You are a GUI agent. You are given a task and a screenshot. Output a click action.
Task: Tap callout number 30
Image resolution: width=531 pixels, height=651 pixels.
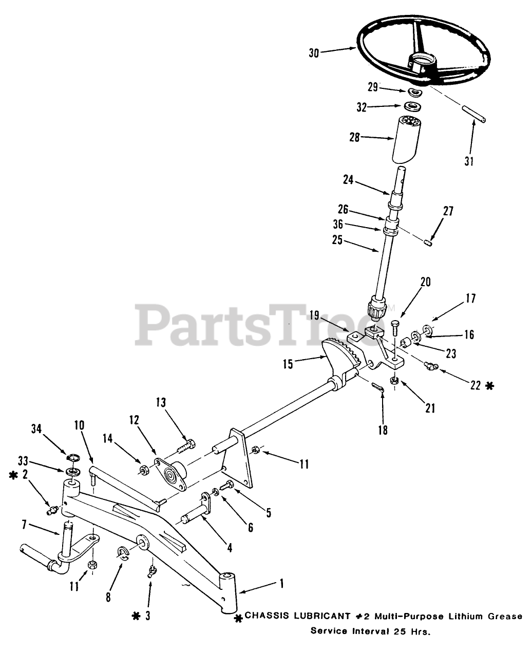314,53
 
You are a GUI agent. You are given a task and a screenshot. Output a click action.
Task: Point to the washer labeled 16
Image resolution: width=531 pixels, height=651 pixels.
427,329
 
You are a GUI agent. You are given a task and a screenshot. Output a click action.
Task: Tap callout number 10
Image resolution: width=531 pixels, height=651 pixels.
79,425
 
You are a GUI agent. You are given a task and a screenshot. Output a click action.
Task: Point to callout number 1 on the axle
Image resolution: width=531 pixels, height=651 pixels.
281,583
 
